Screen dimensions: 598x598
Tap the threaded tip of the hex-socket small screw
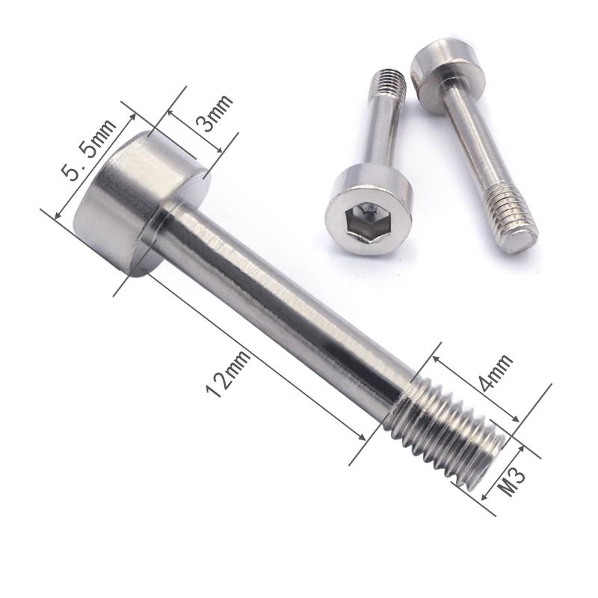(388, 81)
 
